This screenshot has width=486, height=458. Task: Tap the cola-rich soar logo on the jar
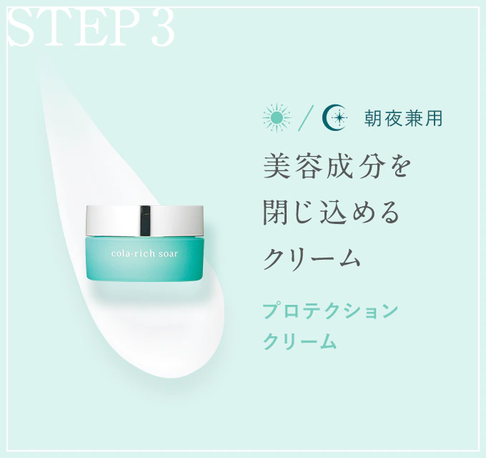coord(144,254)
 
